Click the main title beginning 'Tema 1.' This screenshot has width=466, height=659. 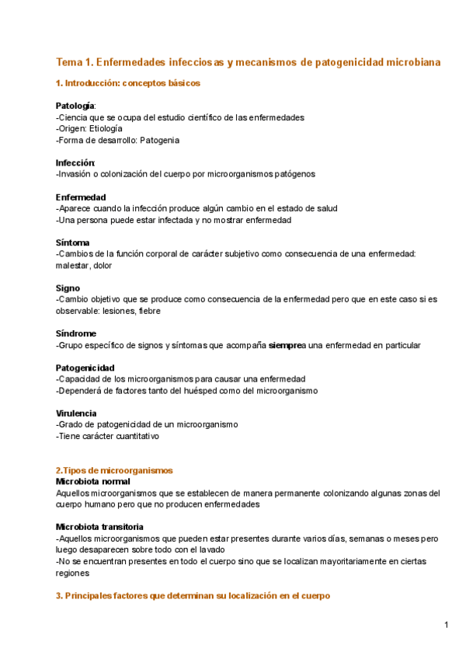(x=249, y=61)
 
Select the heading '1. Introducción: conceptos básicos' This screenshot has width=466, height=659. (x=128, y=82)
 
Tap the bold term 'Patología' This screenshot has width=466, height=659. (x=75, y=105)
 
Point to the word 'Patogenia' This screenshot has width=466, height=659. (x=160, y=140)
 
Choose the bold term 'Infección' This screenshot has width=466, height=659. (x=75, y=162)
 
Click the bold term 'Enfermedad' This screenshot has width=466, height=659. (x=81, y=197)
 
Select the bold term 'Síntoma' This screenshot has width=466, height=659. (x=73, y=242)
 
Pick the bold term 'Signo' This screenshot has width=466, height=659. (x=69, y=288)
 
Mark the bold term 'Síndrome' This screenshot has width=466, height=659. (x=76, y=333)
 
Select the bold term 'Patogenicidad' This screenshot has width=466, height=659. (x=85, y=368)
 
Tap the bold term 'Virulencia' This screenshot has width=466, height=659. (x=76, y=413)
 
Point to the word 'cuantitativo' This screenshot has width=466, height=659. (x=134, y=436)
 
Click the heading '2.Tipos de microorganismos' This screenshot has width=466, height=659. (x=114, y=470)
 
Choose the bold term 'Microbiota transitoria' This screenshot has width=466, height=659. (x=100, y=527)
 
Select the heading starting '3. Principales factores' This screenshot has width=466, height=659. (x=193, y=596)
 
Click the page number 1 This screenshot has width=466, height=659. (x=447, y=625)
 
